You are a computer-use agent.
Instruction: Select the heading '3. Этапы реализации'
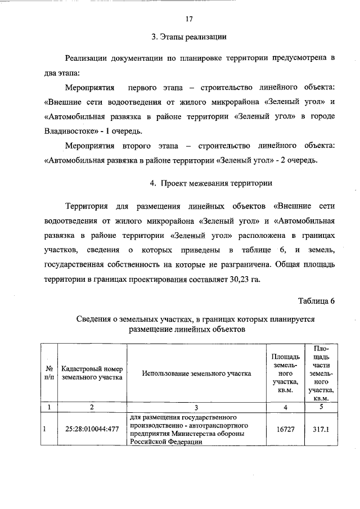(189, 38)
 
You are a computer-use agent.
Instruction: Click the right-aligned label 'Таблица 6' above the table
(317, 300)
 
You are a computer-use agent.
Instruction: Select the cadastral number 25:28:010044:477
(92, 430)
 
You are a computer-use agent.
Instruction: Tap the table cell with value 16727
(286, 430)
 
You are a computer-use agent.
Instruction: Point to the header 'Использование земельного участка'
(196, 373)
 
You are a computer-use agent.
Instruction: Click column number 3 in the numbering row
(196, 407)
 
